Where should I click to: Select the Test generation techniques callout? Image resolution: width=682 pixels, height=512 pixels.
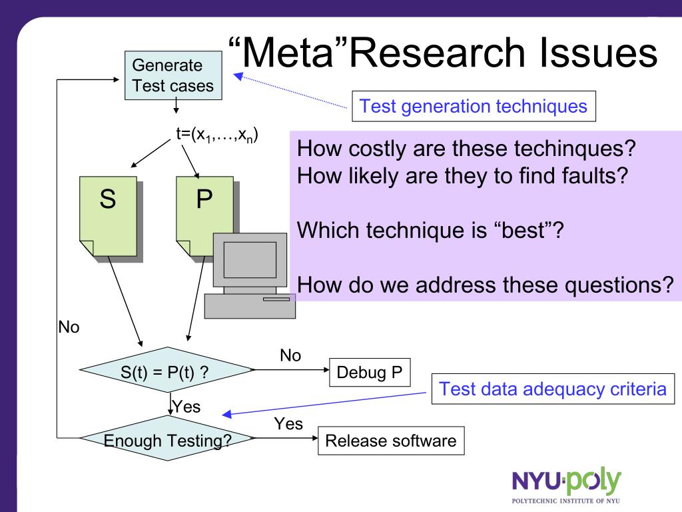tap(473, 106)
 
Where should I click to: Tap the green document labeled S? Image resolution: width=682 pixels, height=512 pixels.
tap(108, 217)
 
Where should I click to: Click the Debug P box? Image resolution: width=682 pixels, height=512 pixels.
tap(370, 371)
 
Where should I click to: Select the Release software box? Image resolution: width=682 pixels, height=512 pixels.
tap(391, 441)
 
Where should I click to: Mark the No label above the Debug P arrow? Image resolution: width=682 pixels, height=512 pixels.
tap(290, 356)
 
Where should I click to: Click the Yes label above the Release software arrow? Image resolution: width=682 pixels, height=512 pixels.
tap(288, 424)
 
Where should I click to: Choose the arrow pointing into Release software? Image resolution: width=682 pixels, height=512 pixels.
tap(286, 438)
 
